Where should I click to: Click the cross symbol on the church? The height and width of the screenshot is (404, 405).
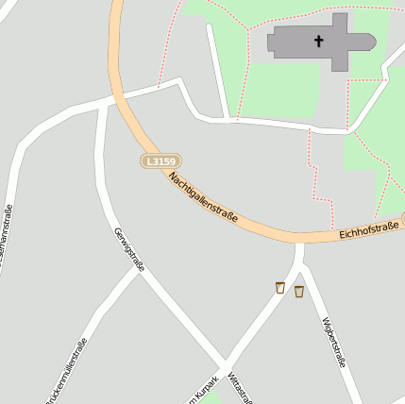click(x=319, y=41)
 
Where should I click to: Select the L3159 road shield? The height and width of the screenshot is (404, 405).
click(x=160, y=161)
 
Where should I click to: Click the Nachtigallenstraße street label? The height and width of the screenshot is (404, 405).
click(x=203, y=197)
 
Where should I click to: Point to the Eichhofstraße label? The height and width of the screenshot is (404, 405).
click(x=368, y=230)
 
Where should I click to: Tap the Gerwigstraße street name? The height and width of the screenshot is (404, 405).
click(x=128, y=249)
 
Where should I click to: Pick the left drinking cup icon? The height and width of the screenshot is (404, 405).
click(x=279, y=288)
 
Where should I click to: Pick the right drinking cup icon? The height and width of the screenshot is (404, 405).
click(x=299, y=292)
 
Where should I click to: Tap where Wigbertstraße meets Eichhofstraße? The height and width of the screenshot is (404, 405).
click(x=299, y=240)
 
